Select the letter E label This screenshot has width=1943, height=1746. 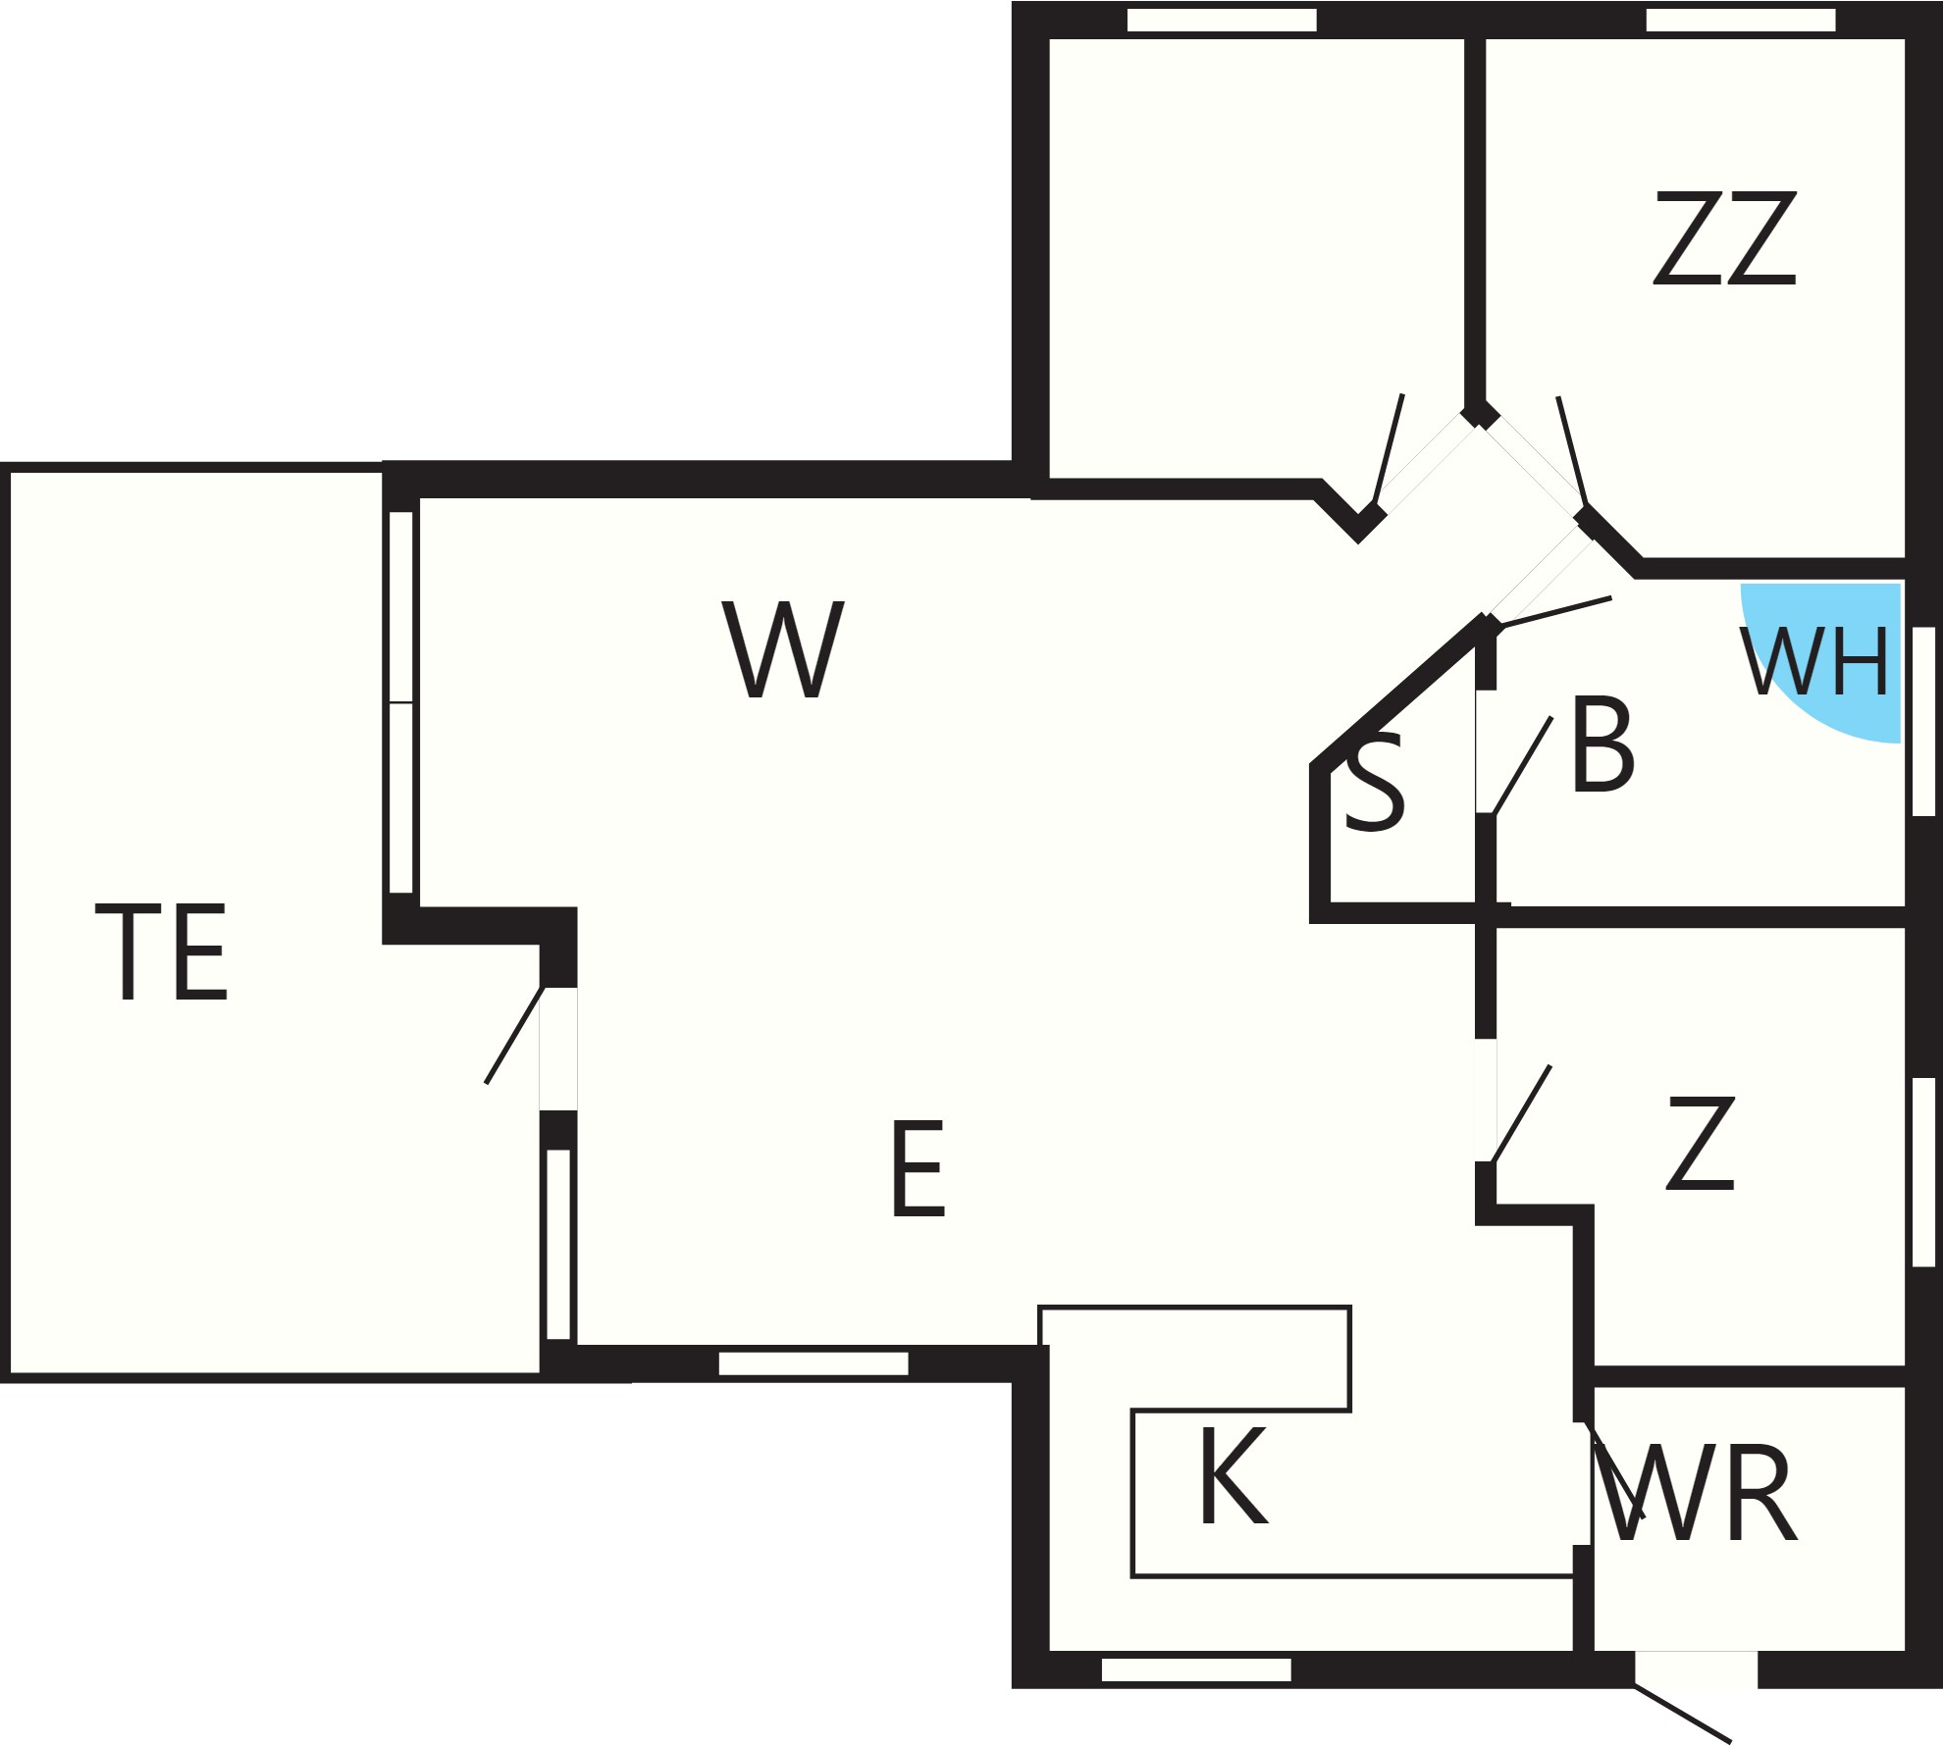pyautogui.click(x=918, y=1169)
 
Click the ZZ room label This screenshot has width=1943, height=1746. pyautogui.click(x=1724, y=237)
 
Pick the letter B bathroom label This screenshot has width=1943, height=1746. pyautogui.click(x=1602, y=745)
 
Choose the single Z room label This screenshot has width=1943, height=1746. pyautogui.click(x=1701, y=1144)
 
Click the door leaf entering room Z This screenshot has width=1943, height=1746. pyautogui.click(x=1521, y=1113)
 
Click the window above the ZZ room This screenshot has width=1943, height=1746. pyautogui.click(x=1740, y=20)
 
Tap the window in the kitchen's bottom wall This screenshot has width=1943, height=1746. pyautogui.click(x=1196, y=1669)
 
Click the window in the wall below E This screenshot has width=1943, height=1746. pyautogui.click(x=814, y=1363)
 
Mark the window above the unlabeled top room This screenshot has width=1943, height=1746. pyautogui.click(x=1222, y=20)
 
